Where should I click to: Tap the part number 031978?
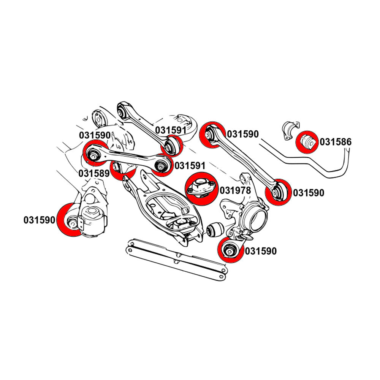click(236, 190)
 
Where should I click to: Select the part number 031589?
click(94, 173)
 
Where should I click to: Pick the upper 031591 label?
click(171, 130)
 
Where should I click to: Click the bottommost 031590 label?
click(261, 251)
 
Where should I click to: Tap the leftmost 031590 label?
click(40, 220)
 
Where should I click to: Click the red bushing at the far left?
click(71, 220)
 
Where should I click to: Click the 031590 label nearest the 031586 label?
click(242, 134)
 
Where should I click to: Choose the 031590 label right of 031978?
click(308, 193)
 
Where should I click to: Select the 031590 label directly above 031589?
click(95, 135)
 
